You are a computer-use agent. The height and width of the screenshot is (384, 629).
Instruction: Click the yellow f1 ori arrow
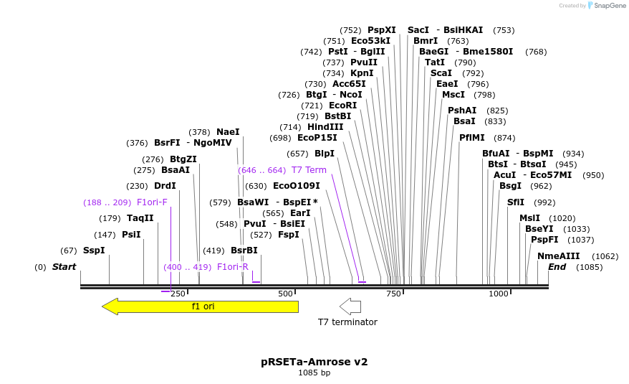pos(201,306)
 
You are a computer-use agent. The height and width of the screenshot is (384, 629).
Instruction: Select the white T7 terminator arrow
pos(350,306)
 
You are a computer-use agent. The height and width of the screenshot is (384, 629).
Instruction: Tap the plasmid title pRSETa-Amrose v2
pos(314,362)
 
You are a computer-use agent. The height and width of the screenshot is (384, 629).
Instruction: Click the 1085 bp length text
pos(314,373)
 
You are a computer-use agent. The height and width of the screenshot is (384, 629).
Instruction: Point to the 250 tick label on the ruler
pos(178,294)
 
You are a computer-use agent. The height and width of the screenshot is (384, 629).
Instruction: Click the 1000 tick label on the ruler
pos(499,294)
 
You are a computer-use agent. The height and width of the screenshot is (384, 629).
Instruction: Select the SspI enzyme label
pos(94,250)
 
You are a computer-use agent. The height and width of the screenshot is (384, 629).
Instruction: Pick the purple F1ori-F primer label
pos(152,202)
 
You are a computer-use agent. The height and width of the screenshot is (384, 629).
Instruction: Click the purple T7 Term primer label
pos(309,170)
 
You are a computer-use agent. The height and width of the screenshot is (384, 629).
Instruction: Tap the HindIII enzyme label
pos(325,127)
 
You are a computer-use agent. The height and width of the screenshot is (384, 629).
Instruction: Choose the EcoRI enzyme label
pos(342,106)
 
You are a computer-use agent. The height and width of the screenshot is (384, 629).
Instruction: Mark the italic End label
pos(557,267)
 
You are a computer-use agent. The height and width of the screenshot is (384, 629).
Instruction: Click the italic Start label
pos(64,267)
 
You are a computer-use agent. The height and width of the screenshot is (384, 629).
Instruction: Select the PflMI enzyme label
pos(472,138)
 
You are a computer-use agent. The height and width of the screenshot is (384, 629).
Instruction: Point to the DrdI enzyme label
pos(165,186)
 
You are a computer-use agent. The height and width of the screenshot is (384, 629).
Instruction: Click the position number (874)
pos(504,138)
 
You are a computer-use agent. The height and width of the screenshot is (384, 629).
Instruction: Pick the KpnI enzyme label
pos(362,73)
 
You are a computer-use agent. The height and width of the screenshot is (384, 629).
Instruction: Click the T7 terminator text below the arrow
pos(347,322)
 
